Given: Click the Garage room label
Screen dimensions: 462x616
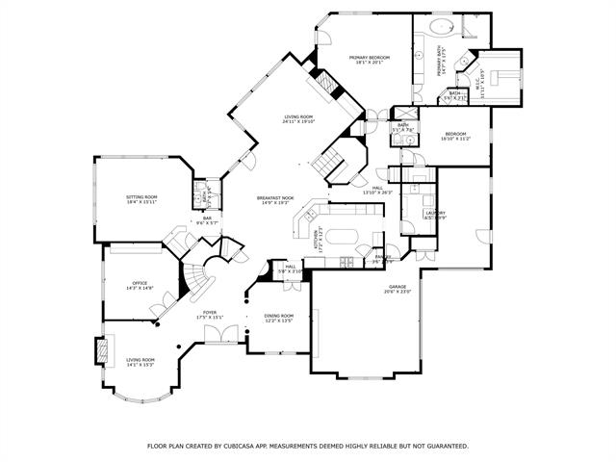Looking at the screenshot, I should click(398, 289).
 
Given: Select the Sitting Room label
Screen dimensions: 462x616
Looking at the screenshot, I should click(141, 199).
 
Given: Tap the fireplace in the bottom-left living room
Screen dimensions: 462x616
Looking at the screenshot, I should click(99, 350).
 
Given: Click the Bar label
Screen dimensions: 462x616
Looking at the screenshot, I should click(207, 220).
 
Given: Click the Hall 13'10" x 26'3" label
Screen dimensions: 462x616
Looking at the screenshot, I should click(377, 190).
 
